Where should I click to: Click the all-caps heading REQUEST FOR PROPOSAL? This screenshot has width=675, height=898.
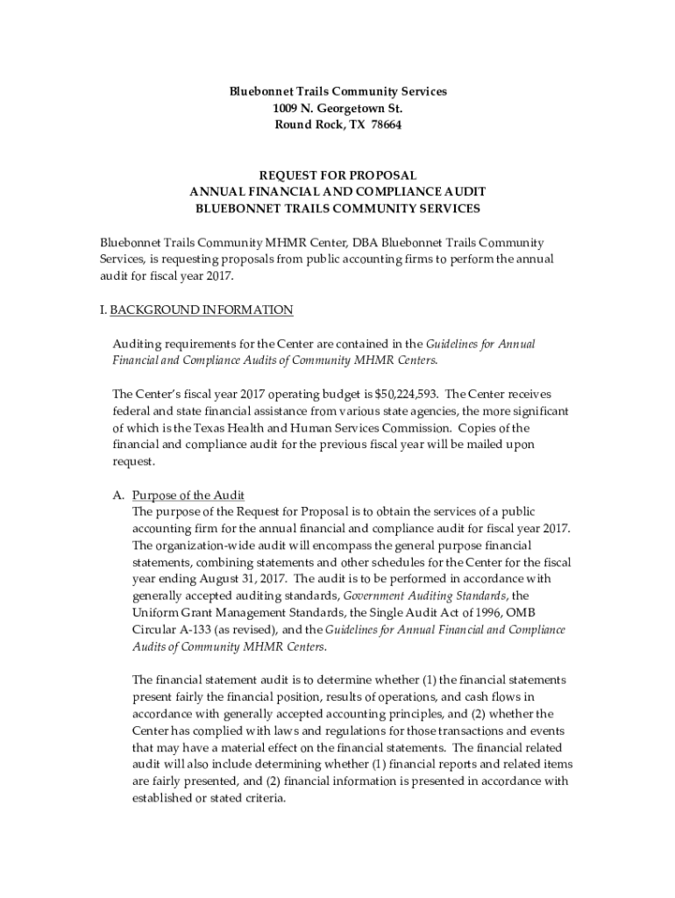point(337,175)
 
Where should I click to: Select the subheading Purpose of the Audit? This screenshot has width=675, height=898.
point(188,495)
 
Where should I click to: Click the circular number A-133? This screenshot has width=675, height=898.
point(193,630)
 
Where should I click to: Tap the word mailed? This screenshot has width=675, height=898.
point(485,445)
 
